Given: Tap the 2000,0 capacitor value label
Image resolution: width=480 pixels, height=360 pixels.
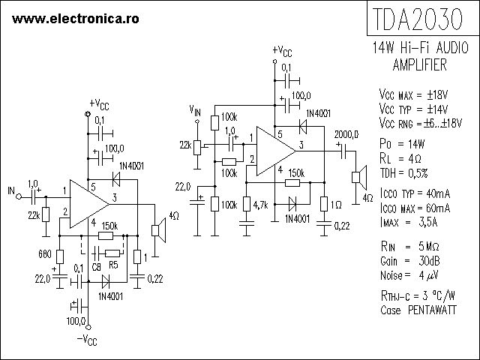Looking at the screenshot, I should coord(346,133).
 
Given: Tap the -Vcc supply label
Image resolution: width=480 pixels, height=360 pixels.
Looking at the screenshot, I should coord(87,342).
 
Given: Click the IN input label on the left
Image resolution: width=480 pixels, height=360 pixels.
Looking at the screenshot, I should coord(10,189).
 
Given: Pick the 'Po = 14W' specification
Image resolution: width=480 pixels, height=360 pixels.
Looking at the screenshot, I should coord(403,143).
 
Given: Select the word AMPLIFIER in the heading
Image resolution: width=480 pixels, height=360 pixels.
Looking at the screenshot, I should coord(420,66).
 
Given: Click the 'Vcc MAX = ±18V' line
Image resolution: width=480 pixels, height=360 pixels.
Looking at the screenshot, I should coord(414,95).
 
